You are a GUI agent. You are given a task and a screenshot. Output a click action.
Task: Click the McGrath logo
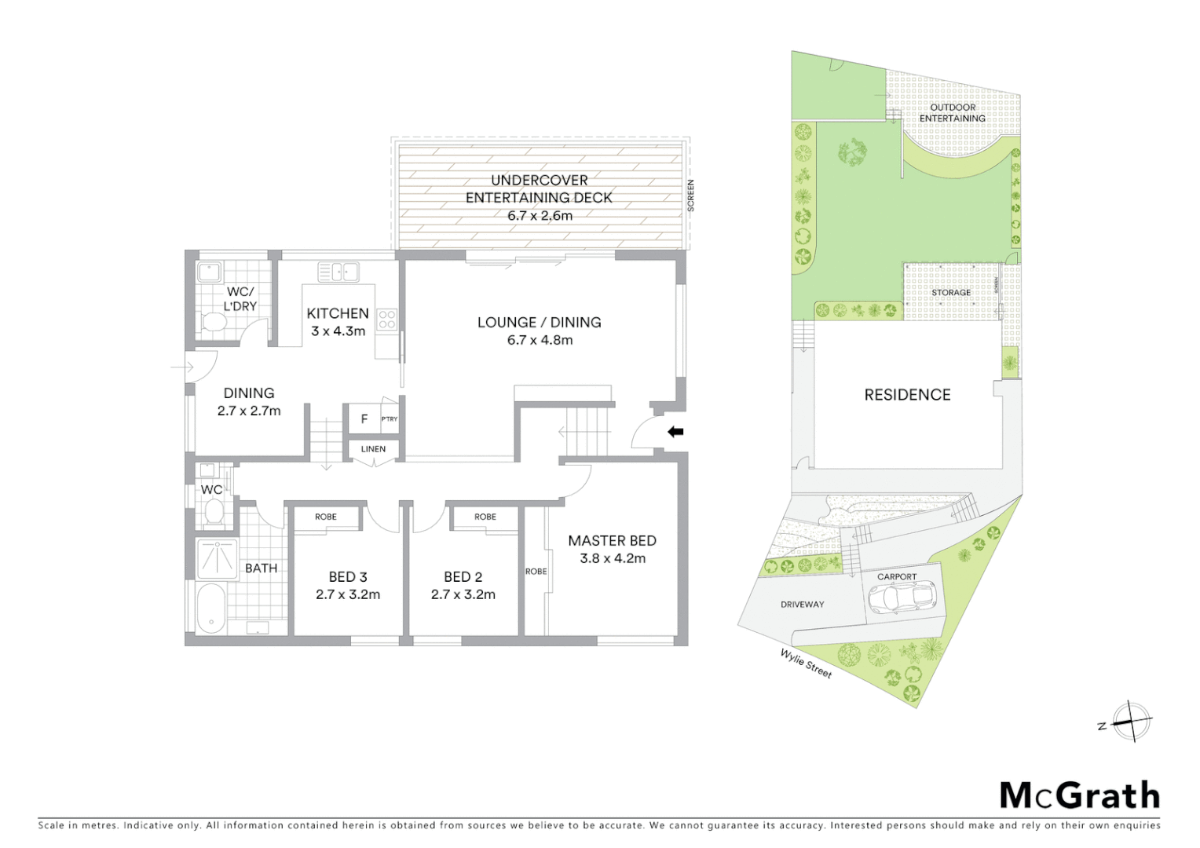click(x=1079, y=795)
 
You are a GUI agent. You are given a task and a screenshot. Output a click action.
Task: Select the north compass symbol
click(x=1131, y=722)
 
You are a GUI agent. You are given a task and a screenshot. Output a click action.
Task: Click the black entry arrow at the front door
click(x=675, y=431)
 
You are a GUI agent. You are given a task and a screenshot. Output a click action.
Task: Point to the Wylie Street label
click(x=805, y=663)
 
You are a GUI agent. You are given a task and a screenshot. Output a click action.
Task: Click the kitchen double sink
click(x=338, y=272)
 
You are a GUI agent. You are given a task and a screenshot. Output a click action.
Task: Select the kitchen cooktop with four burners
click(x=386, y=319)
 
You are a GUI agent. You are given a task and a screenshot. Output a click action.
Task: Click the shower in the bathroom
click(x=216, y=558)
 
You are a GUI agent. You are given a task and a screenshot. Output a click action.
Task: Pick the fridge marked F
click(x=364, y=419)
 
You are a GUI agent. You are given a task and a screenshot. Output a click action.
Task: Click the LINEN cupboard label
click(x=373, y=449)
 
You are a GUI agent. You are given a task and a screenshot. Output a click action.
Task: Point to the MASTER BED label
click(x=612, y=540)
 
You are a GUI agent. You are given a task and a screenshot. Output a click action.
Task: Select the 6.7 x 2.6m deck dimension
click(x=539, y=215)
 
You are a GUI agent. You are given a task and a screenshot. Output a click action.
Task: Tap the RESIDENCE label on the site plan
click(x=907, y=395)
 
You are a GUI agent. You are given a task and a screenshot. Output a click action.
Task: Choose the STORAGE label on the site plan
click(x=951, y=293)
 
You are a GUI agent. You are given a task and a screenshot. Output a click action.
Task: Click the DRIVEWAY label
click(x=802, y=605)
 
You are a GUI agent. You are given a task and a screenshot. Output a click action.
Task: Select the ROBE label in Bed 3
click(x=326, y=517)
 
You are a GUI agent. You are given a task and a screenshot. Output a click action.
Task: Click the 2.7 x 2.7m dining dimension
click(x=249, y=411)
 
